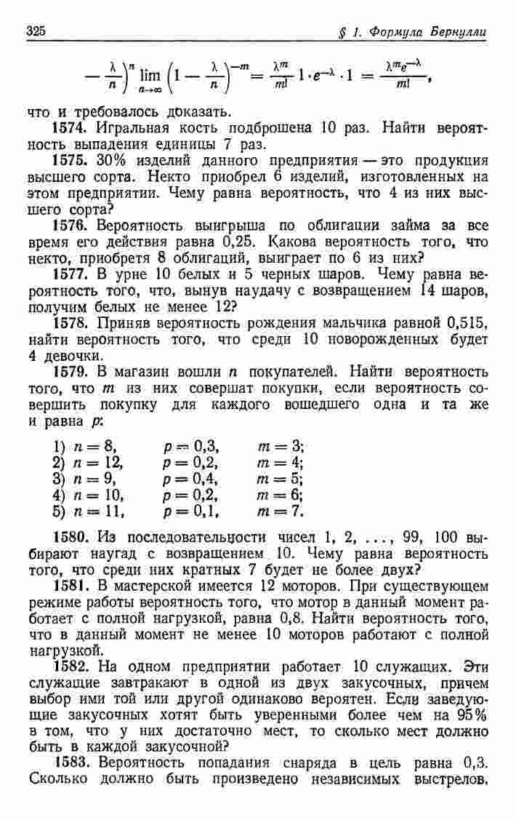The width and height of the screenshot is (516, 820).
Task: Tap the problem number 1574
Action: (73, 129)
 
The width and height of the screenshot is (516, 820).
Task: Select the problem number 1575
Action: (73, 161)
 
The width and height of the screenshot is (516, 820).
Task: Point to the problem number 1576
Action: (73, 226)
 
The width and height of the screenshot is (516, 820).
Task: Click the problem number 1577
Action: (73, 274)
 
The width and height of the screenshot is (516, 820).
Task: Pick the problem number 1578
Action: (73, 323)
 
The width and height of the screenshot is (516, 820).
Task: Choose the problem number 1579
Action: (73, 371)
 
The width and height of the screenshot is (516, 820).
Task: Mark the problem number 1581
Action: (73, 587)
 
